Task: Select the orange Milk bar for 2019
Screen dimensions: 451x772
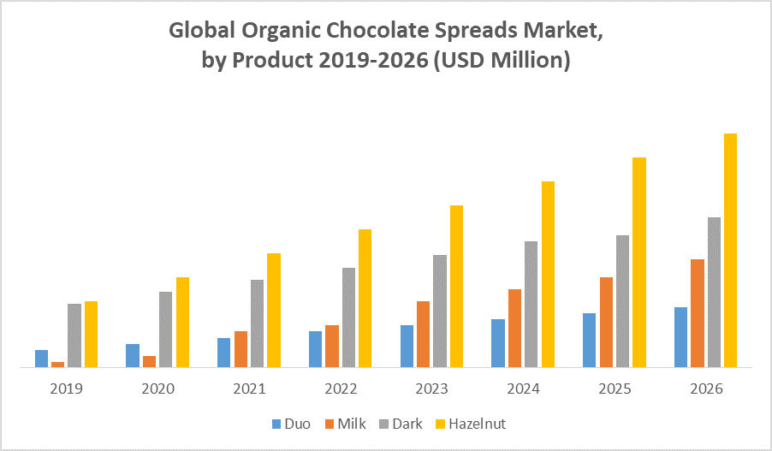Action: pyautogui.click(x=58, y=364)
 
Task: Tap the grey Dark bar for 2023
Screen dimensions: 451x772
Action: pyautogui.click(x=440, y=311)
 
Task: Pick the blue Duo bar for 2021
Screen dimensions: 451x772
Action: pyautogui.click(x=223, y=352)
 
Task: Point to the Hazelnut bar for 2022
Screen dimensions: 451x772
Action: pyautogui.click(x=365, y=298)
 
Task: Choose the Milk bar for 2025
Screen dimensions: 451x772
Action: pyautogui.click(x=606, y=322)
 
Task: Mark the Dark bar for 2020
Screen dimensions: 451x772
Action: pyautogui.click(x=165, y=329)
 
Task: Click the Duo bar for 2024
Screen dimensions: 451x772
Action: pyautogui.click(x=498, y=342)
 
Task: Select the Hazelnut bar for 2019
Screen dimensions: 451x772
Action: pyautogui.click(x=91, y=334)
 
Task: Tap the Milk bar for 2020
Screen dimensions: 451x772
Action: pyautogui.click(x=149, y=361)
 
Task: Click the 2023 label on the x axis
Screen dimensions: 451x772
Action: pyautogui.click(x=432, y=389)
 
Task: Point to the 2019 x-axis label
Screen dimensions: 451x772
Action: pyautogui.click(x=67, y=389)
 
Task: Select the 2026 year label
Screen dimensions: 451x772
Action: pyautogui.click(x=706, y=389)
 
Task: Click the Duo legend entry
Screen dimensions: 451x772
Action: pyautogui.click(x=292, y=424)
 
